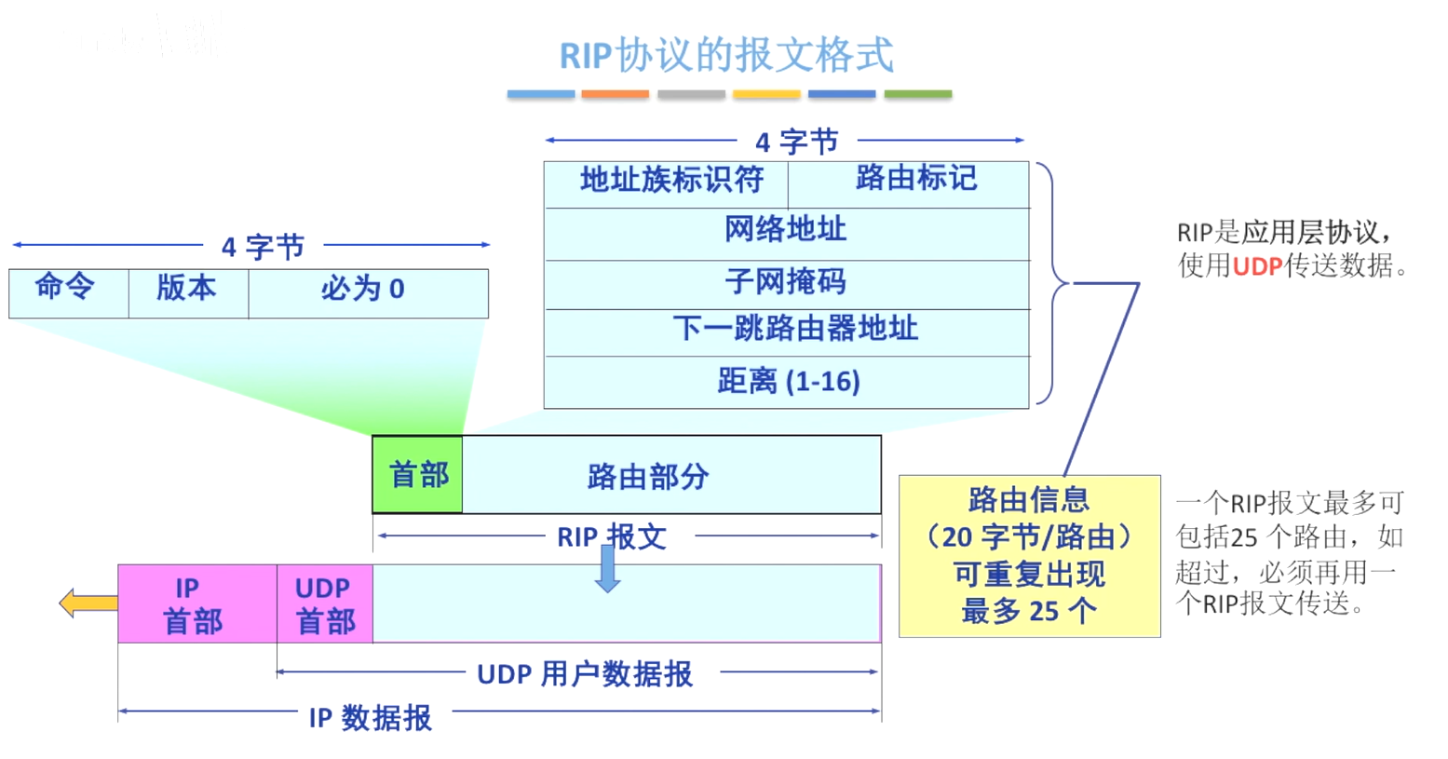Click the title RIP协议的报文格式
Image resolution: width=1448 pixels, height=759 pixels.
point(726,55)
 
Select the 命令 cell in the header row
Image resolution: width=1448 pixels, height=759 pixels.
point(68,293)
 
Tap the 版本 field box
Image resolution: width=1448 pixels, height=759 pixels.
point(188,293)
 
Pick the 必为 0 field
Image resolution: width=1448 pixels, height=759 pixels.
point(368,293)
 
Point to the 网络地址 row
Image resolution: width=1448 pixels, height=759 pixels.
point(787,234)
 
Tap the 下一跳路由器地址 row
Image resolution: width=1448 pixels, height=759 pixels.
point(787,332)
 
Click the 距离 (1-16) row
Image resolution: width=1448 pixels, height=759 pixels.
point(787,382)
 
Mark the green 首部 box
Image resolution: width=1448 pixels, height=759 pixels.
point(418,475)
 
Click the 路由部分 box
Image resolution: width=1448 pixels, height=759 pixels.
point(670,475)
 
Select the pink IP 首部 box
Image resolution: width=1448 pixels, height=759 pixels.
point(196,603)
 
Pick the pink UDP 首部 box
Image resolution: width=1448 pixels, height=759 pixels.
point(325,603)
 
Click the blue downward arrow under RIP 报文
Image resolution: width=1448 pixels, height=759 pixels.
point(608,570)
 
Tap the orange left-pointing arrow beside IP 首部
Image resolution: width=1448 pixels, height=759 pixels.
point(87,603)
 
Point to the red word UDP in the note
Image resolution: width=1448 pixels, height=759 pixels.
point(1257,266)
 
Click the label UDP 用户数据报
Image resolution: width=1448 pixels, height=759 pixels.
point(585,673)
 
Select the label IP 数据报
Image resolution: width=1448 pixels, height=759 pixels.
point(371,717)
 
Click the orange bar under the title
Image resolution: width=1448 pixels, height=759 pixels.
point(615,94)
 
